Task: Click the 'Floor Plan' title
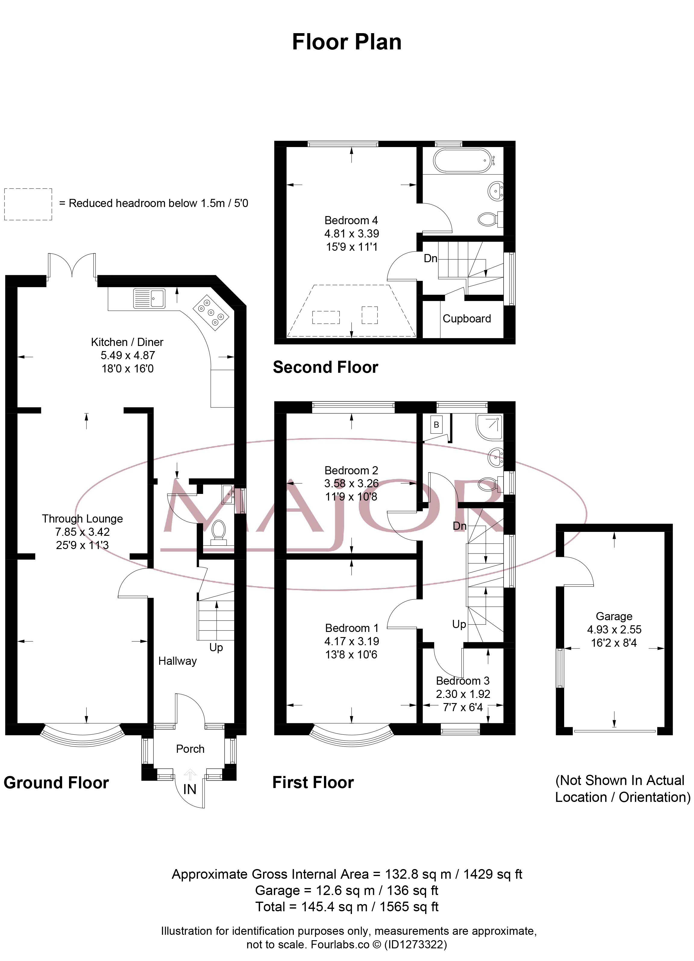pyautogui.click(x=347, y=42)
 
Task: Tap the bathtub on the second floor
pyautogui.click(x=463, y=160)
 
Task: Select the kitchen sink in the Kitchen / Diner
pyautogui.click(x=149, y=298)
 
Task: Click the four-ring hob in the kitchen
pyautogui.click(x=211, y=312)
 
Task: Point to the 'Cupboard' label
pyautogui.click(x=466, y=319)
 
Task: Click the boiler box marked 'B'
pyautogui.click(x=436, y=425)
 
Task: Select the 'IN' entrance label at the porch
pyautogui.click(x=190, y=789)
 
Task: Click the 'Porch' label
pyautogui.click(x=190, y=749)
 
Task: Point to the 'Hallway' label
pyautogui.click(x=177, y=661)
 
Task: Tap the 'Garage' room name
pyautogui.click(x=614, y=616)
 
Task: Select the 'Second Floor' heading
pyautogui.click(x=325, y=367)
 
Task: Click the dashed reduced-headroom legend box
pyautogui.click(x=28, y=204)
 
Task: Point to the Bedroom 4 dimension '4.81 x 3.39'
pyautogui.click(x=352, y=234)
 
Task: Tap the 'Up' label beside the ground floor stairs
pyautogui.click(x=216, y=647)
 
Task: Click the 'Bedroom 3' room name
pyautogui.click(x=463, y=680)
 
